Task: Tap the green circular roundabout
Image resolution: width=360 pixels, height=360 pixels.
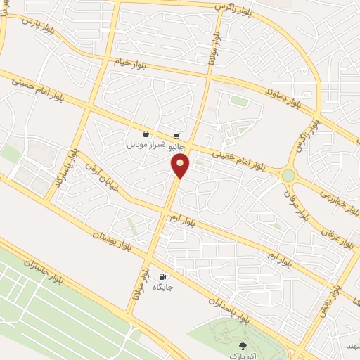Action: [288, 175]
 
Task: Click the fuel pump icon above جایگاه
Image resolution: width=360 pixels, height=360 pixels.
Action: [163, 277]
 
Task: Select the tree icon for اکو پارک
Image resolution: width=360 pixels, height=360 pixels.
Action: [243, 345]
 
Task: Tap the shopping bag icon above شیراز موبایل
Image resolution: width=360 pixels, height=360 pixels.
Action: [146, 134]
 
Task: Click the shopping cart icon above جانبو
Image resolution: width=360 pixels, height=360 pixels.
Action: [179, 136]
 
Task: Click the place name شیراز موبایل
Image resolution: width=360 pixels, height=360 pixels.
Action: [145, 145]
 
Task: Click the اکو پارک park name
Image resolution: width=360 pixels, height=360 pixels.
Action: [243, 356]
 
